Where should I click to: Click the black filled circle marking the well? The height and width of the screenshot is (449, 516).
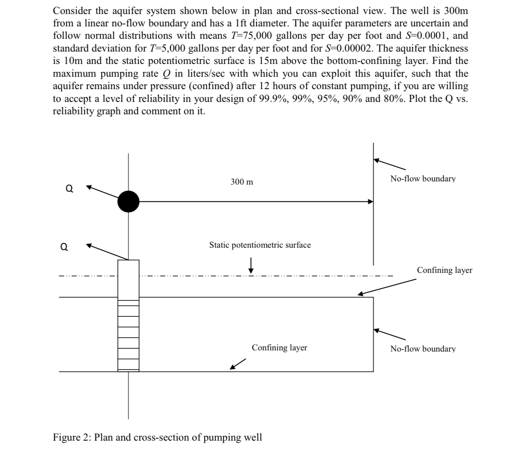tap(128, 202)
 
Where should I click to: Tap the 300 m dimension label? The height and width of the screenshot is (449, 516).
tap(242, 182)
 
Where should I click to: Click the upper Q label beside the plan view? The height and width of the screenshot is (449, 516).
tap(69, 189)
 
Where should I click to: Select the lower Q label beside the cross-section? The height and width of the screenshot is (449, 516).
tap(64, 247)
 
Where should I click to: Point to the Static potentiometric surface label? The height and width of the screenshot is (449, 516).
tap(260, 245)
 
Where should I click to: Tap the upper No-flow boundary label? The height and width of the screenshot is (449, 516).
tap(423, 179)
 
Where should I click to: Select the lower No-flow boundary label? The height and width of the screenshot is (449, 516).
tap(423, 349)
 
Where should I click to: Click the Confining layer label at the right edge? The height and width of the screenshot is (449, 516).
tap(444, 270)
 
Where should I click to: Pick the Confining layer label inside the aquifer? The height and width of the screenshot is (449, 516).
tap(279, 348)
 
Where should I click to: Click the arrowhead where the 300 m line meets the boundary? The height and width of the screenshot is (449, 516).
tap(370, 202)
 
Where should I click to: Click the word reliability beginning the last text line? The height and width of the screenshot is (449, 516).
tap(72, 111)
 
